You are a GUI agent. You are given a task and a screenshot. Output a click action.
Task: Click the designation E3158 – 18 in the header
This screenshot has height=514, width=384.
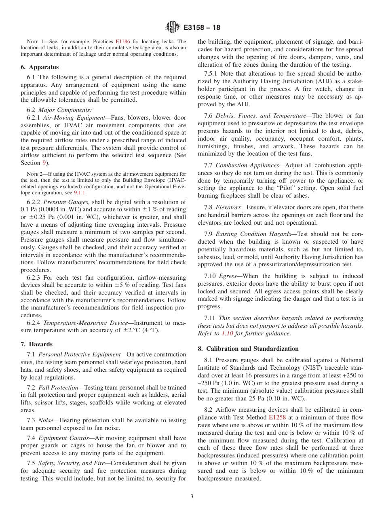202,28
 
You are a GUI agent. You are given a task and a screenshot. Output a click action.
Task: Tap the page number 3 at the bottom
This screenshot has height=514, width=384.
192,497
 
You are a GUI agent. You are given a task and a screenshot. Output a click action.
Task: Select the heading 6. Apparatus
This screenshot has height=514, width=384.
40,67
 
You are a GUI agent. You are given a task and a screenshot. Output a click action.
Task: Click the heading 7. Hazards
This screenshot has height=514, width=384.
37,344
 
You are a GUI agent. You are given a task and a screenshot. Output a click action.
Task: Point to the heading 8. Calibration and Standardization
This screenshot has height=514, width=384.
248,348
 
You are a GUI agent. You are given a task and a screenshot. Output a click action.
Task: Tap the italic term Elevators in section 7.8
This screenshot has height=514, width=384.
228,207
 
